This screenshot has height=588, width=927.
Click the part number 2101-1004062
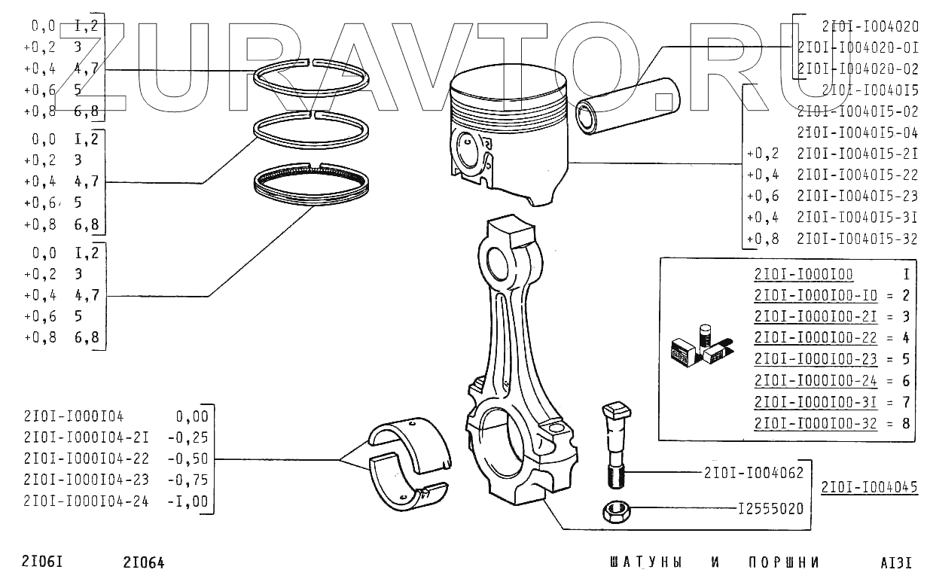[754, 473]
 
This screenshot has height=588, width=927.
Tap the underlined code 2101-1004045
[870, 487]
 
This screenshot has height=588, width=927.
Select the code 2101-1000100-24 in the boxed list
[816, 380]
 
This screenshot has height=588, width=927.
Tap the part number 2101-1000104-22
[86, 459]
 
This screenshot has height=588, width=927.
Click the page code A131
[896, 562]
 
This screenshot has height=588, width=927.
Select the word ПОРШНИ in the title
[784, 562]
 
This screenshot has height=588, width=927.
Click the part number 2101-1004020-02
[858, 69]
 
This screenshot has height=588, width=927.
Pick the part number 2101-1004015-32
[857, 239]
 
